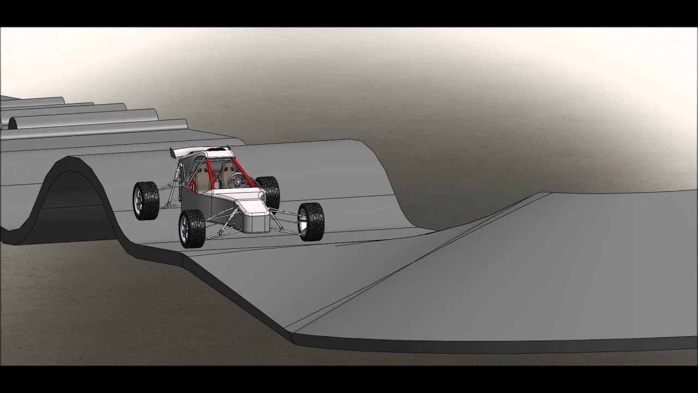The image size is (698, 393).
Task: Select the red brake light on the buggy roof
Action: point(217,148)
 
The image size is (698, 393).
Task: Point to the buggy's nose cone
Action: point(254,216)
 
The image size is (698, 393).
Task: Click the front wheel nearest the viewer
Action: point(191,229)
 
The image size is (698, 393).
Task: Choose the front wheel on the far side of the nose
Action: point(311,221)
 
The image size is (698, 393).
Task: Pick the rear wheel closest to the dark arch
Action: point(146,200)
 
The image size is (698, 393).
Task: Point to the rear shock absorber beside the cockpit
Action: point(175,180)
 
